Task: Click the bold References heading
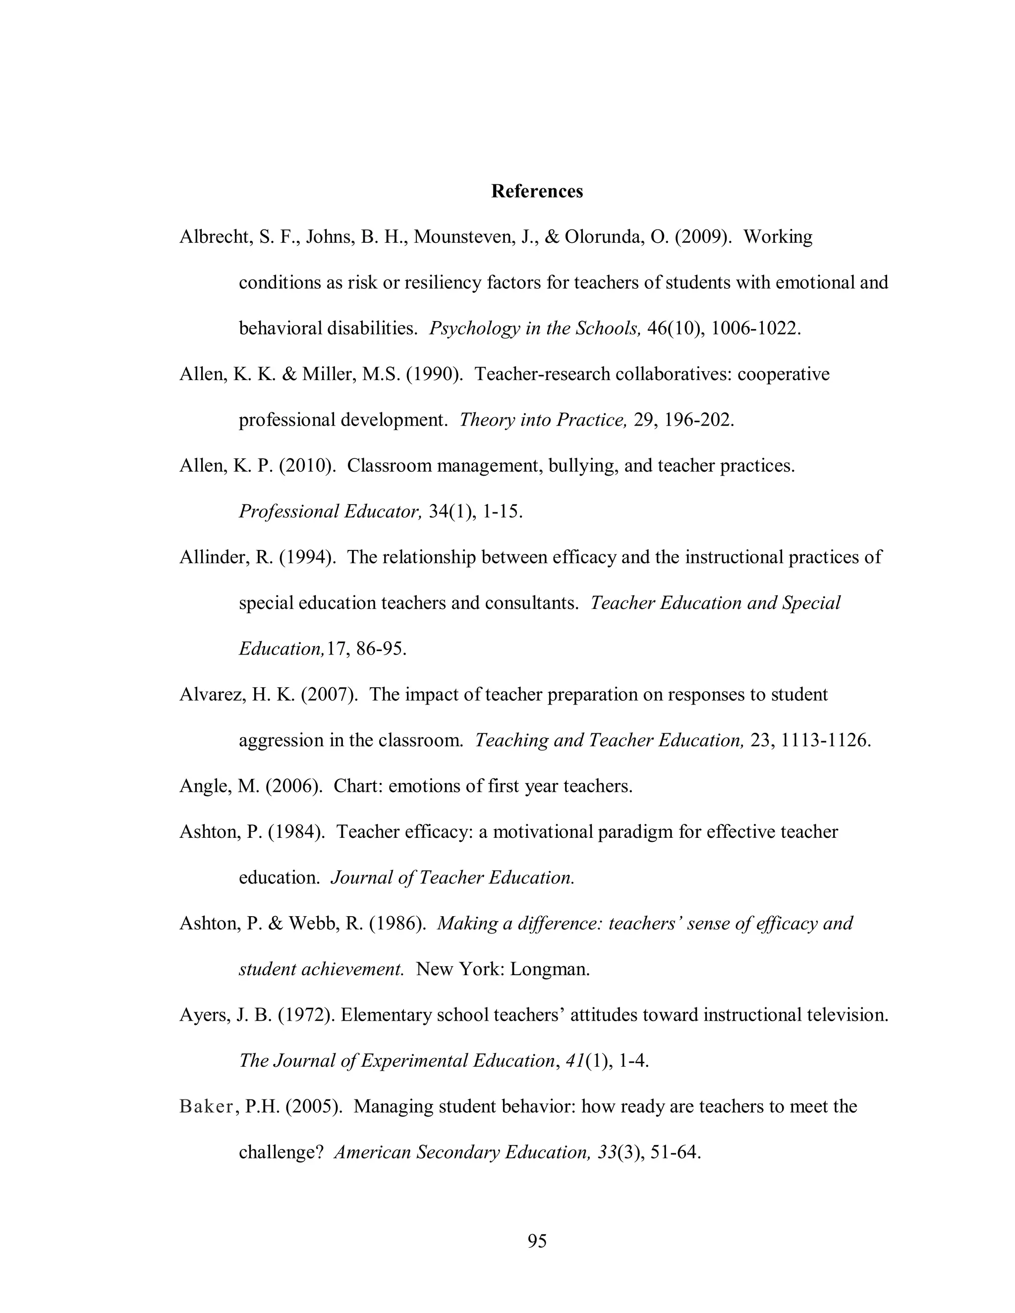coord(536,191)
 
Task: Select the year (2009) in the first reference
coord(703,237)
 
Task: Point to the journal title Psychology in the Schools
coord(535,328)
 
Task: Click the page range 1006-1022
coord(755,328)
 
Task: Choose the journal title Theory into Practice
coord(543,420)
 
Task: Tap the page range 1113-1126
coord(825,741)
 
